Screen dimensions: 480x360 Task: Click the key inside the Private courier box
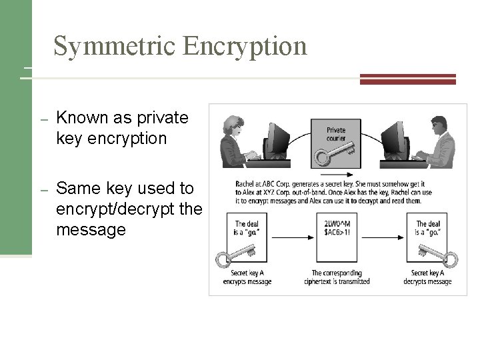pos(331,155)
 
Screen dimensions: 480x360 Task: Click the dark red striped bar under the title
pos(407,79)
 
